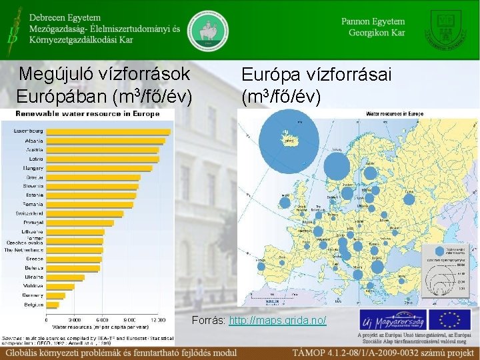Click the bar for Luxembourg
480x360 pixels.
pos(107,131)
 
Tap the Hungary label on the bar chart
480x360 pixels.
pos(34,168)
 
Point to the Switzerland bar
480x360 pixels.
pos(84,213)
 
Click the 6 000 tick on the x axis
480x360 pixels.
pos(102,320)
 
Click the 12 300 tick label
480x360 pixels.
pos(158,320)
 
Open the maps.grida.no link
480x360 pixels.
pos(277,321)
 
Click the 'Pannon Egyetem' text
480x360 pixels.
pos(373,21)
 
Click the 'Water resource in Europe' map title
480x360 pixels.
pos(394,113)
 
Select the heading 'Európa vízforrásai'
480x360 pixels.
pos(317,74)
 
